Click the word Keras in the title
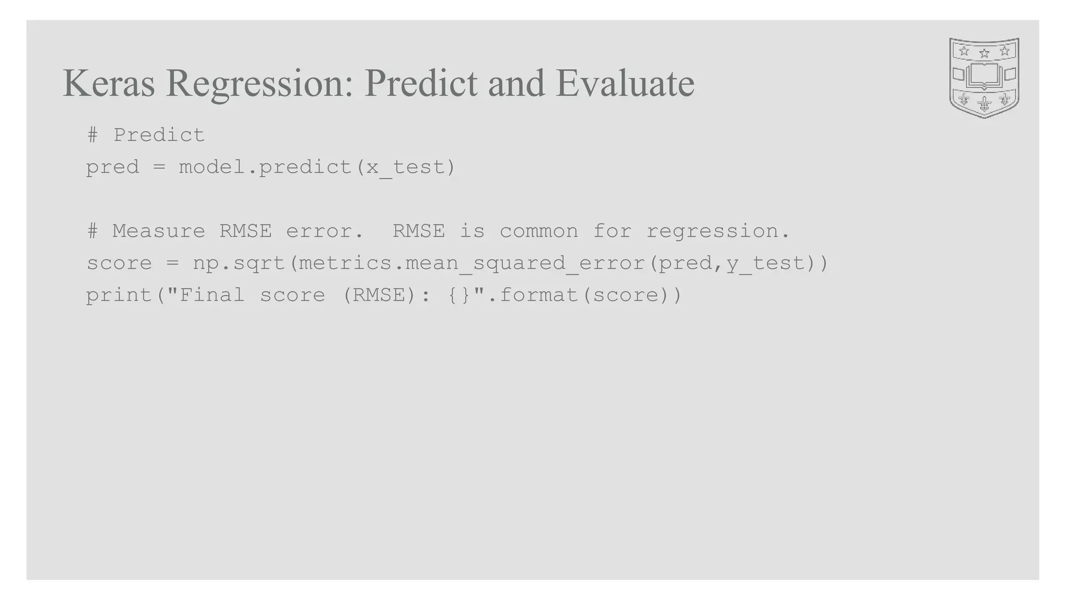pos(108,83)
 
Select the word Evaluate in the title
pos(625,83)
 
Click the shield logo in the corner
pos(984,78)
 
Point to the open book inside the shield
pos(984,76)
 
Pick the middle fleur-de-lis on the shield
pos(984,103)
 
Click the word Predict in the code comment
pos(159,135)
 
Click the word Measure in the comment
pos(159,231)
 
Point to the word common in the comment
pos(539,231)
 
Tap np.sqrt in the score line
pos(239,264)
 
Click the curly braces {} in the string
pos(459,295)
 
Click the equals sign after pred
pos(159,168)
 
